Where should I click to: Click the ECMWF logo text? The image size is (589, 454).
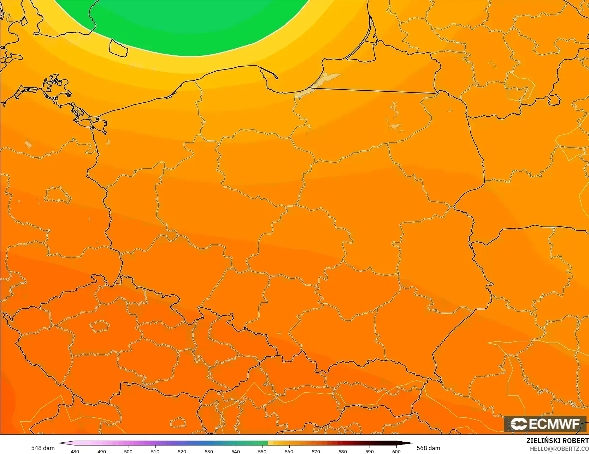pyautogui.click(x=554, y=424)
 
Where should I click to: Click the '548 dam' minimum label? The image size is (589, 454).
pyautogui.click(x=43, y=448)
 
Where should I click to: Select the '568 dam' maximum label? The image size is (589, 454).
pyautogui.click(x=428, y=448)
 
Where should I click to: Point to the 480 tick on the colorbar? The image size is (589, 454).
pyautogui.click(x=75, y=451)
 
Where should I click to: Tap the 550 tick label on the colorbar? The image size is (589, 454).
pyautogui.click(x=262, y=451)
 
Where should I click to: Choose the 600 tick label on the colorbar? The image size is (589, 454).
pyautogui.click(x=396, y=451)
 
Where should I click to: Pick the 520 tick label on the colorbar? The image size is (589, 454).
pyautogui.click(x=182, y=451)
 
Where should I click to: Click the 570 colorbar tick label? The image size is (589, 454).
pyautogui.click(x=316, y=451)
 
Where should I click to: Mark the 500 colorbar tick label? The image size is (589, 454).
pyautogui.click(x=128, y=451)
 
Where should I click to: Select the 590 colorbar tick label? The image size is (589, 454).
pyautogui.click(x=370, y=451)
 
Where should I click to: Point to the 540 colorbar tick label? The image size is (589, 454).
pyautogui.click(x=236, y=451)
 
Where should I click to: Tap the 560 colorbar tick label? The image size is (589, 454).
pyautogui.click(x=289, y=451)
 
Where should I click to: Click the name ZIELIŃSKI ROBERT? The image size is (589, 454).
pyautogui.click(x=557, y=441)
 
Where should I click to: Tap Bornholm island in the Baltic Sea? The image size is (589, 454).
pyautogui.click(x=118, y=48)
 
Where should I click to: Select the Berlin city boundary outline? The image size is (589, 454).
pyautogui.click(x=58, y=195)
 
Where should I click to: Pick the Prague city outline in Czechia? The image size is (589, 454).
pyautogui.click(x=99, y=326)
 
